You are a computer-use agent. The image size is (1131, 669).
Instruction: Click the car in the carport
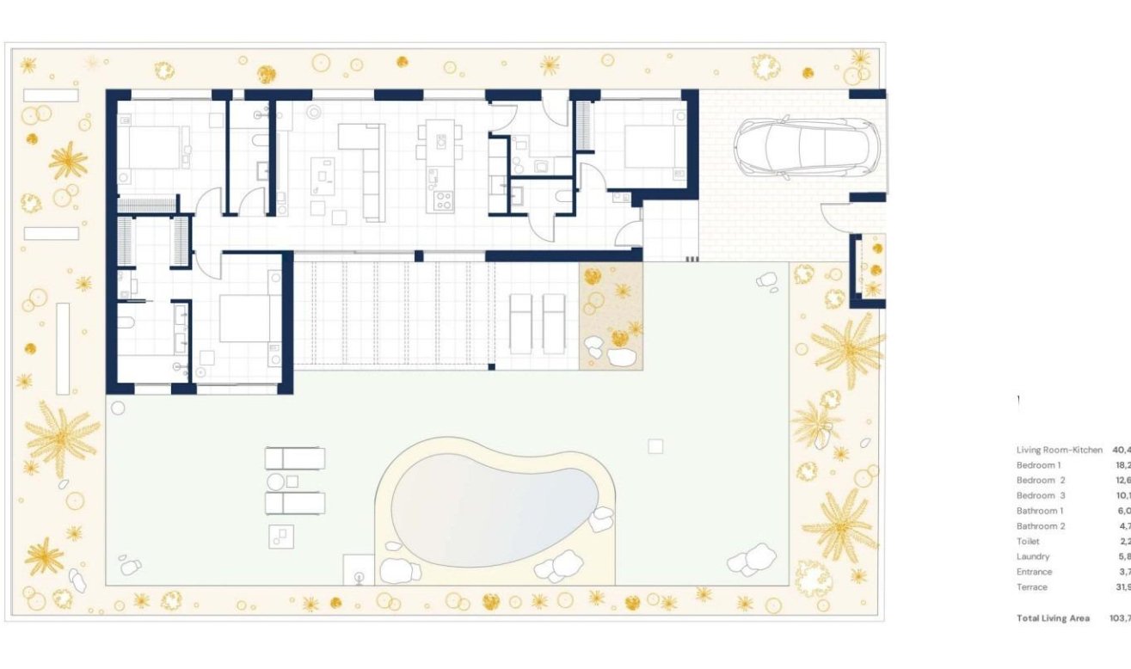pos(806,148)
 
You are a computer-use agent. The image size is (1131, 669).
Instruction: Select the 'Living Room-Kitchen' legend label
pos(1059,450)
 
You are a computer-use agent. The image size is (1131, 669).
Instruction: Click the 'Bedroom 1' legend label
pos(1038,465)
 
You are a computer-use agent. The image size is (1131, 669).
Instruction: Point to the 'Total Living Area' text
pos(1053,618)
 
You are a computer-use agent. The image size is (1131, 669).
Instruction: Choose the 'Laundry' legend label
pos(1033,556)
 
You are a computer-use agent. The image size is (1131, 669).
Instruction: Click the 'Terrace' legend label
pos(1032,587)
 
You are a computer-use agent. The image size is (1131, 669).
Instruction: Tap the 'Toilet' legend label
pos(1028,542)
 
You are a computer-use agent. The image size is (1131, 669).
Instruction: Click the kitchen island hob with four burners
pos(444,201)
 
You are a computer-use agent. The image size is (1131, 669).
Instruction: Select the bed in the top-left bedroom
pos(151,147)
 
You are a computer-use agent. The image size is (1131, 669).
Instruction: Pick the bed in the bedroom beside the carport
pos(651,147)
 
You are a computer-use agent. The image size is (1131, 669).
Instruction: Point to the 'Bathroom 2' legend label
pos(1041,526)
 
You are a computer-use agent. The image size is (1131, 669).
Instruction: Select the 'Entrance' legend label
pos(1034,572)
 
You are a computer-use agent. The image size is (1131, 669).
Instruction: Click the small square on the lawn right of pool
pos(655,445)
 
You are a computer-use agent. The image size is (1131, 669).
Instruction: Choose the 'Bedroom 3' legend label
pos(1041,495)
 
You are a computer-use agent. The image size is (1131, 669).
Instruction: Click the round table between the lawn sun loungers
pos(276,482)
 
